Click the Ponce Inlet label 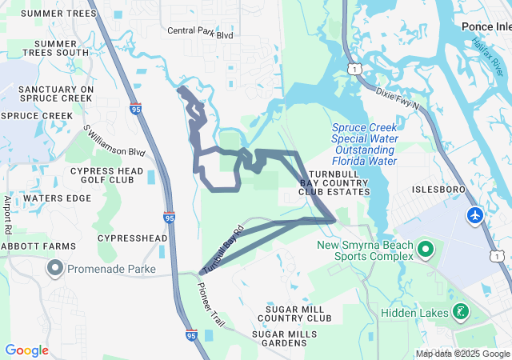[486, 26]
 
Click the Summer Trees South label [56, 47]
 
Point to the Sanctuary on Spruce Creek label [56, 94]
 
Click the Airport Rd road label [8, 214]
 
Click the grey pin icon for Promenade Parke [56, 266]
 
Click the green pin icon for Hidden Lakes [461, 311]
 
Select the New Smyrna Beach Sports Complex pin [425, 250]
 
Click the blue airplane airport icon [475, 215]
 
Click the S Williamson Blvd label [114, 141]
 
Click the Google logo [26, 350]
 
